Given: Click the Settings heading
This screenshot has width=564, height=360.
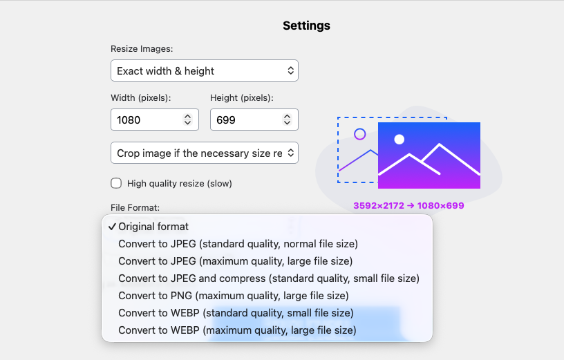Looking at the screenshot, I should tap(306, 26).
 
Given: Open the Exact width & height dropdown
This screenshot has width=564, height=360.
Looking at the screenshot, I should tap(204, 70).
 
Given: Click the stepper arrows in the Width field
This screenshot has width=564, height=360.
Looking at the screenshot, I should tap(187, 120).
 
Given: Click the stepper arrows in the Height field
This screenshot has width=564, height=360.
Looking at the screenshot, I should tap(287, 120).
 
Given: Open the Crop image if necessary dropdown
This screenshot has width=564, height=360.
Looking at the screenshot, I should tap(204, 153).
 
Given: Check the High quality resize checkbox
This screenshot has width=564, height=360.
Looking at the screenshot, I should tap(116, 183).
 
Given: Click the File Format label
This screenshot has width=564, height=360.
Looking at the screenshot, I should tap(135, 207).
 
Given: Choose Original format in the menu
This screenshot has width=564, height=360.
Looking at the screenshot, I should tap(153, 226).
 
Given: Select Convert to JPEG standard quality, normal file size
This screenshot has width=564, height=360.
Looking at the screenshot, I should tap(238, 243).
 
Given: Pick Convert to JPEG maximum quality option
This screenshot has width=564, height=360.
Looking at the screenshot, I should tap(235, 260).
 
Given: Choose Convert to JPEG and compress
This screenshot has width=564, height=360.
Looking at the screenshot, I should tap(268, 278).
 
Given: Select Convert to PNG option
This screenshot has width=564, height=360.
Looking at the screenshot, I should tap(233, 296).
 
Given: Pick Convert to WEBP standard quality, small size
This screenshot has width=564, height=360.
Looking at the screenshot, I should tap(236, 313).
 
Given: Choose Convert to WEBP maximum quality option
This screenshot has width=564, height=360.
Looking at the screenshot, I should tap(237, 330).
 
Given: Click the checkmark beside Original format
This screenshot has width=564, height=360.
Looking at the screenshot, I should tap(111, 226).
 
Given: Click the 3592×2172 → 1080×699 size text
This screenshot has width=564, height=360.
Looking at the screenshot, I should tap(408, 205).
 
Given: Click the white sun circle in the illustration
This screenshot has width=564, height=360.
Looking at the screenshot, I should tap(399, 140).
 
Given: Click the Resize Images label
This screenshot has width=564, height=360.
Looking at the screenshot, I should tap(142, 49).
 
